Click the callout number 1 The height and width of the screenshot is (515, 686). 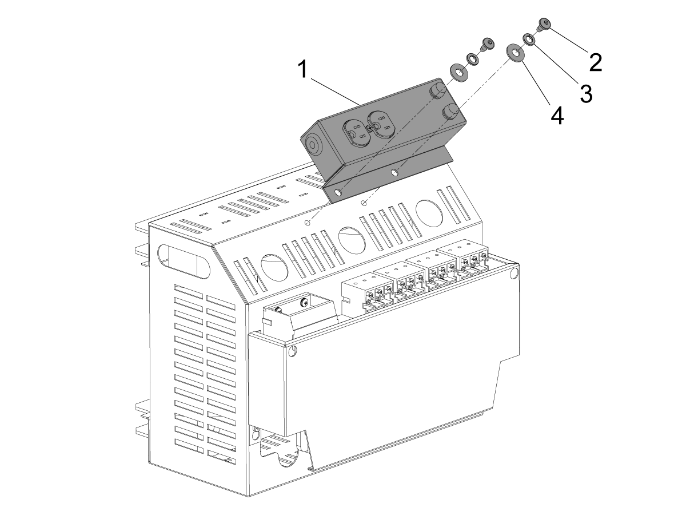[x=303, y=69]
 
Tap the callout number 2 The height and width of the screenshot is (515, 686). [x=596, y=62]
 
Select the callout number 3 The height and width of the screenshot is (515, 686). [x=587, y=93]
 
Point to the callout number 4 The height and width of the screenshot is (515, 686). [x=557, y=116]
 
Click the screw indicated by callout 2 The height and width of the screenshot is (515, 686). [x=544, y=24]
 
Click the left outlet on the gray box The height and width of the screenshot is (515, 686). [x=356, y=133]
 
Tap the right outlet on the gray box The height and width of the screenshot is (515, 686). [x=381, y=124]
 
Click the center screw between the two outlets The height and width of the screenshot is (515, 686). [x=370, y=128]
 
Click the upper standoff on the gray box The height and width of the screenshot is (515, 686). [x=437, y=90]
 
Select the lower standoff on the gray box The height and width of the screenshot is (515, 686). [x=450, y=112]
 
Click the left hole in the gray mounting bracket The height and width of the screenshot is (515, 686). [x=338, y=192]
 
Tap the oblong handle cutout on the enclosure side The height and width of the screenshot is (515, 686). [x=184, y=262]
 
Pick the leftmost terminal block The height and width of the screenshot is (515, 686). [x=368, y=293]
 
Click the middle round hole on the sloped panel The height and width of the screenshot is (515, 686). [x=352, y=240]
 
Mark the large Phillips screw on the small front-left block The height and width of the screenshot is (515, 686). [x=304, y=302]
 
